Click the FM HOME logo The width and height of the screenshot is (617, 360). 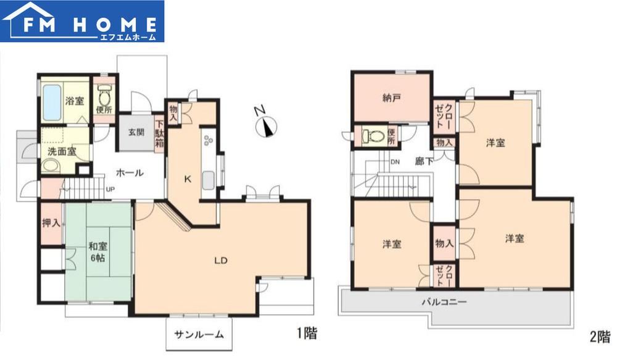tap(82, 21)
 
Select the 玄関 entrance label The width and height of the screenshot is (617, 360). tap(136, 132)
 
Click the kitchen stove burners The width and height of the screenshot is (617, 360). tap(208, 140)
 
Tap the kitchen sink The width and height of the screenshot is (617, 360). tap(208, 181)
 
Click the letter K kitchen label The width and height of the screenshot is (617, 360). tap(188, 179)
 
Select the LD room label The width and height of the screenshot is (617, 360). tap(221, 261)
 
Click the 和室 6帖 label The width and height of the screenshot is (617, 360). tap(98, 253)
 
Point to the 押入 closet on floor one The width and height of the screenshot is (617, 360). tap(52, 223)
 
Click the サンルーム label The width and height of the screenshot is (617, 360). tap(199, 335)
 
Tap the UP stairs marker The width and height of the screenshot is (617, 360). tap(110, 190)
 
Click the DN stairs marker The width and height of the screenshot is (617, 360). tap(395, 162)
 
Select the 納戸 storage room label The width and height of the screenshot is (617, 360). tap(392, 98)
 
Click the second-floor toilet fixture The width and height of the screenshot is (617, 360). tap(373, 136)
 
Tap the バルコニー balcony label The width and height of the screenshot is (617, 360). tap(444, 302)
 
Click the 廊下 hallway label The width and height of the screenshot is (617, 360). tap(424, 161)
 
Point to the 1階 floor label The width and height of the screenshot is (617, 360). tap(307, 334)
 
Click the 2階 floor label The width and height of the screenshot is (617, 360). tap(600, 337)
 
